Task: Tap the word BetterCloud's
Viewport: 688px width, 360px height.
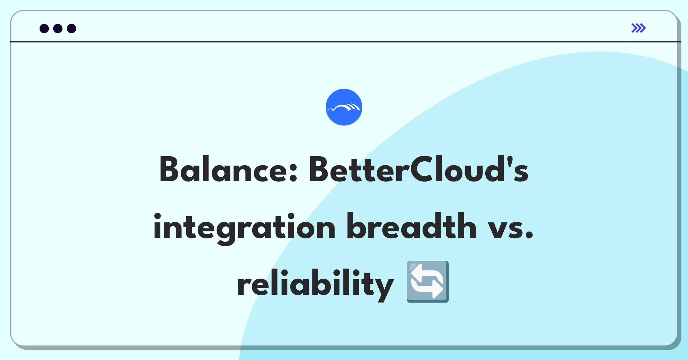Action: [419, 169]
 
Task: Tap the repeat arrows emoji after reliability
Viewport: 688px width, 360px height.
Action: [428, 282]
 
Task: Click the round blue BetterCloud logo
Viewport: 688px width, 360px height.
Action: [344, 107]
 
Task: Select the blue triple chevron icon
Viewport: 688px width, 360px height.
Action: [639, 28]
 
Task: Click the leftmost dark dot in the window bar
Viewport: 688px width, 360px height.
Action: [44, 28]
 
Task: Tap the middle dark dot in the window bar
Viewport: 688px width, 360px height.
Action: [58, 28]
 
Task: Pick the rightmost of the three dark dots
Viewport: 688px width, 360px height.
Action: [72, 28]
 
